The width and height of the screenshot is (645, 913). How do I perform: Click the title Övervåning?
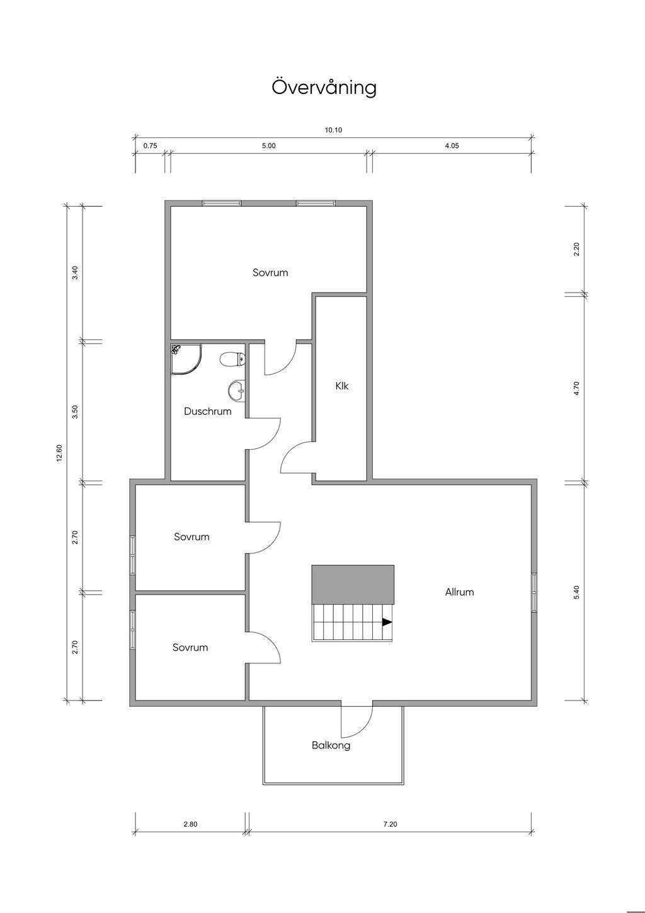coord(324,87)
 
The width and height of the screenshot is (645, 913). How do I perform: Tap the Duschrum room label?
coord(208,411)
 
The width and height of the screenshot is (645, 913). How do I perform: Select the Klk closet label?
coord(342,386)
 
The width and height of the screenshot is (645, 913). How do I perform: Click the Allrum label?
coord(459,592)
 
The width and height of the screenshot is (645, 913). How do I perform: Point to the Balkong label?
coord(331,745)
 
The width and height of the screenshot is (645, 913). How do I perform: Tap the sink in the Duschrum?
coord(237,390)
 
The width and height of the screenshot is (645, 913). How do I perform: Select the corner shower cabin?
coord(186,359)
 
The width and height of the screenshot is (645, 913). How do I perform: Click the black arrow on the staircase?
coord(387,622)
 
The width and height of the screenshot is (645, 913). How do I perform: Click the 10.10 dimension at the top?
coord(333,131)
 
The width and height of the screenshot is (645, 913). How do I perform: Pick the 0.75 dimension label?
coord(151,146)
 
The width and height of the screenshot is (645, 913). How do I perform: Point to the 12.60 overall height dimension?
coord(59,453)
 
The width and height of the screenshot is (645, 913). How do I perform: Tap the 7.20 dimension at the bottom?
coord(390,824)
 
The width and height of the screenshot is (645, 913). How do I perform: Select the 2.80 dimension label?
coord(190,824)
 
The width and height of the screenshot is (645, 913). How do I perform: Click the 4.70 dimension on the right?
coord(576,388)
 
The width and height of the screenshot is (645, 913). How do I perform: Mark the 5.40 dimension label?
coord(576,592)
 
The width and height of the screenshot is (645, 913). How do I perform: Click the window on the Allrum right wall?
coord(534,592)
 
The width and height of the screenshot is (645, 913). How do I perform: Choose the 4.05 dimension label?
coord(452,146)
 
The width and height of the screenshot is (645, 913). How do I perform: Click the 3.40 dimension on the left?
coord(74,272)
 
